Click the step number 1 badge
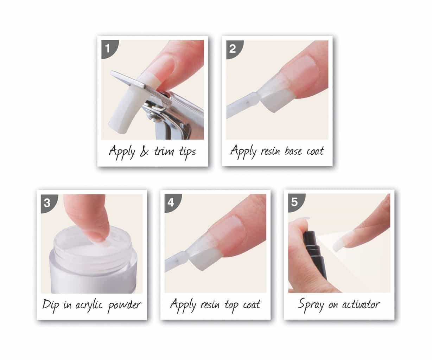pos(107,48)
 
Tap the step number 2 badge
pos(232,48)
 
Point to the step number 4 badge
pos(171,202)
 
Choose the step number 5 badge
pos(294,202)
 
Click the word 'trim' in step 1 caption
pos(164,152)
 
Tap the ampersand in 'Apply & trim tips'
pos(144,152)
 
